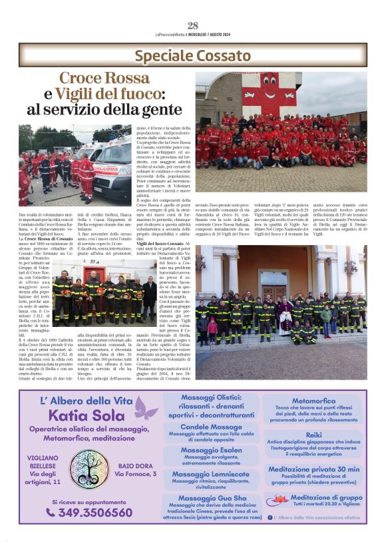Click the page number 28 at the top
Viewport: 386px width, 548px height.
(193, 26)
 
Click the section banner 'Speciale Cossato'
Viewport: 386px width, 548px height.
(193, 55)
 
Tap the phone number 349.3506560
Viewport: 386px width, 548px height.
(89, 513)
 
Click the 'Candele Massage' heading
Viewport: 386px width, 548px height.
(211, 427)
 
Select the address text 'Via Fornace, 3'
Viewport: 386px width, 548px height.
(136, 474)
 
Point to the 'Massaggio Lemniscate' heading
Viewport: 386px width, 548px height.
(211, 473)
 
